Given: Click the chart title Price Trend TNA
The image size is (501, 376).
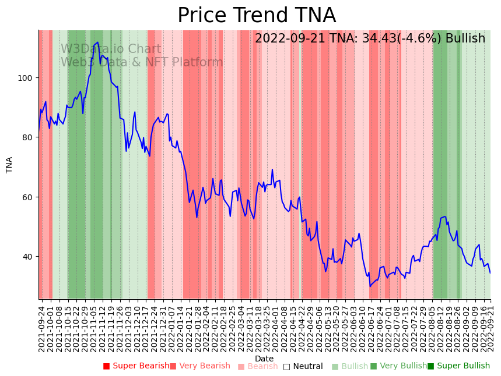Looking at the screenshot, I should [x=257, y=16].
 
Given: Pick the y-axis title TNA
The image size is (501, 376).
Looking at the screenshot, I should [x=9, y=165].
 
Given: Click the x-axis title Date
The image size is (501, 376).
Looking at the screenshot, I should [x=264, y=359].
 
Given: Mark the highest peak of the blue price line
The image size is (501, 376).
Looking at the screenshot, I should [x=97, y=42].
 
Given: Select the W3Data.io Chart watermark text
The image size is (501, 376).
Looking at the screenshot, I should [x=111, y=49].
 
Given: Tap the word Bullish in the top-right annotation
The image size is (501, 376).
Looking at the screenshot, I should [x=465, y=39].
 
